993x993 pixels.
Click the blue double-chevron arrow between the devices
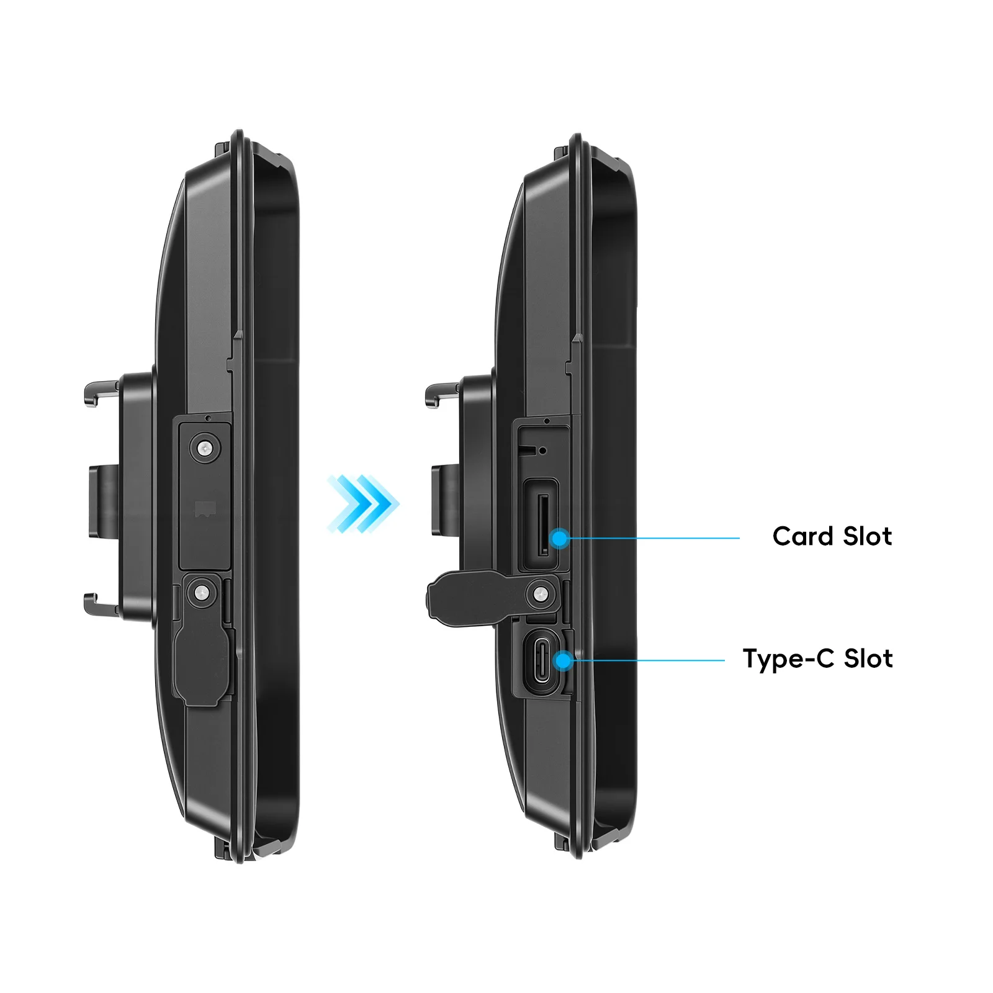pyautogui.click(x=363, y=504)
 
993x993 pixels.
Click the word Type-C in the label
pyautogui.click(x=788, y=658)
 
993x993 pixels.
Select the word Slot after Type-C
pyautogui.click(x=868, y=658)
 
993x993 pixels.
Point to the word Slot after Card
pyautogui.click(x=868, y=536)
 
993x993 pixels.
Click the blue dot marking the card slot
pyautogui.click(x=560, y=538)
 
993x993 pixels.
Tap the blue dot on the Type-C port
pyautogui.click(x=564, y=660)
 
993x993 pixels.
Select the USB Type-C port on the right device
pyautogui.click(x=539, y=661)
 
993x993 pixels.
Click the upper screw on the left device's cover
pyautogui.click(x=204, y=447)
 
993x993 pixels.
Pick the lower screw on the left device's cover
pyautogui.click(x=200, y=593)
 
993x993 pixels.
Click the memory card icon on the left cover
pyautogui.click(x=204, y=510)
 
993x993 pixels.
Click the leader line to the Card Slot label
pyautogui.click(x=652, y=538)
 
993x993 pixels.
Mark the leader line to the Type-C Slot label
pyautogui.click(x=645, y=660)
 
